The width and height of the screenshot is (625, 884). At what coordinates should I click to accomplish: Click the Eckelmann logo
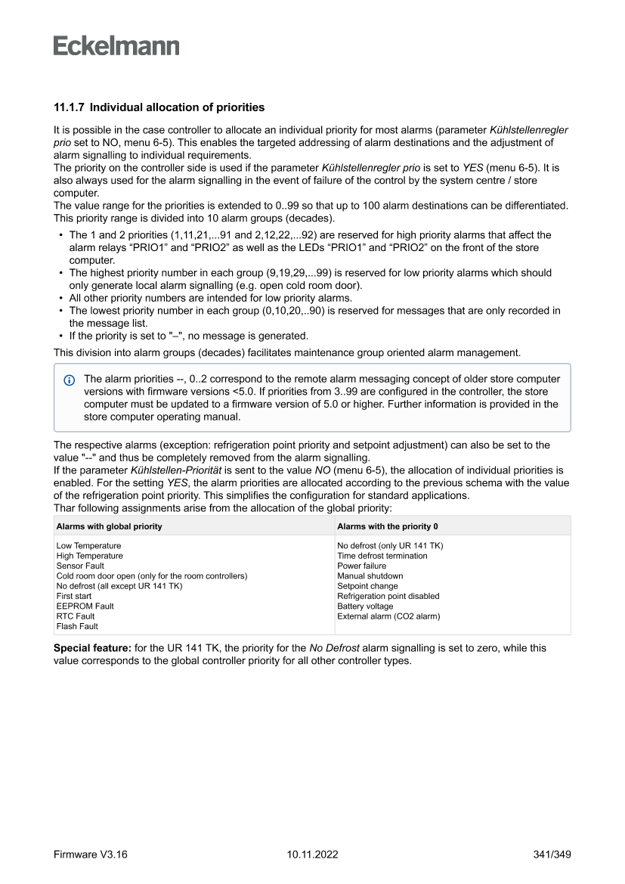coord(116,45)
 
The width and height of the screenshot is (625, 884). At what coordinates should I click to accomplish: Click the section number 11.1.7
coord(69,108)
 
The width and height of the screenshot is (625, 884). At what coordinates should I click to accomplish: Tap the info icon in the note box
coord(70,379)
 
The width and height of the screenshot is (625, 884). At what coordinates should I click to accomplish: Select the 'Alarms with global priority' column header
coord(109,526)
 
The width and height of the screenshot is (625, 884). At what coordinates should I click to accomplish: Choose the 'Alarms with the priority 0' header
coord(388,526)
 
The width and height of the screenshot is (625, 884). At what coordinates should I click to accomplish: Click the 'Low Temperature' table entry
coord(88,545)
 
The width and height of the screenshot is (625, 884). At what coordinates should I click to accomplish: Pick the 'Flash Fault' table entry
coord(77,626)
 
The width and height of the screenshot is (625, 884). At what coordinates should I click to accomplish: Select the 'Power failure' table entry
coord(361,566)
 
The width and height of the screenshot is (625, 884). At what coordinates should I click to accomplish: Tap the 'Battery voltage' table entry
coord(365,606)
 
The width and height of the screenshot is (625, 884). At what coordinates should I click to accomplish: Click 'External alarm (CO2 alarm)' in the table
coord(388,616)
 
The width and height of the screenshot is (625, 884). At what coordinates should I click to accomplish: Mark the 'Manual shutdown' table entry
coord(370,575)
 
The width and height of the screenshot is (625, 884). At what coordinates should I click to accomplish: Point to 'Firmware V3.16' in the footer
coord(91,855)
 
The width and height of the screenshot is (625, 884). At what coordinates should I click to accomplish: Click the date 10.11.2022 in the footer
coord(312,855)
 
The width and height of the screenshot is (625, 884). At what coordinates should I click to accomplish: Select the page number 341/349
coord(552,855)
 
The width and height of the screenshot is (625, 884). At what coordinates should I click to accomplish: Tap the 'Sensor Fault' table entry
coord(80,566)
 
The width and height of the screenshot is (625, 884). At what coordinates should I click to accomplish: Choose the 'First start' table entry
coord(74,596)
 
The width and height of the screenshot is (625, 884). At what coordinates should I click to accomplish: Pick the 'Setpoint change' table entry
coord(367,586)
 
